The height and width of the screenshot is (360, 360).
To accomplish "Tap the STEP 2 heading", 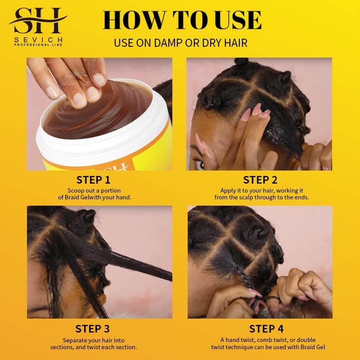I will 260,180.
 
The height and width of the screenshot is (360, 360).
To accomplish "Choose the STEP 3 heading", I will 93,328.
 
